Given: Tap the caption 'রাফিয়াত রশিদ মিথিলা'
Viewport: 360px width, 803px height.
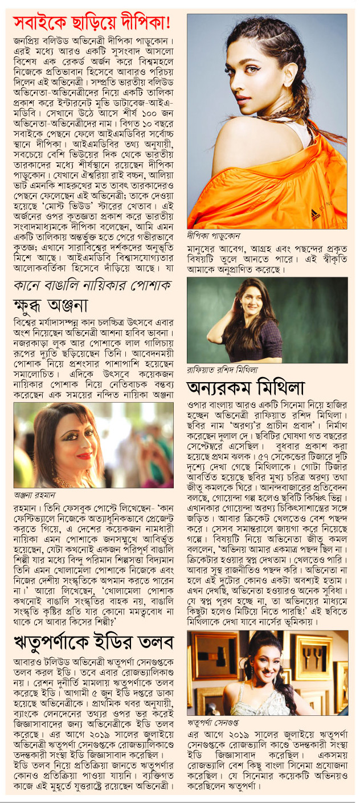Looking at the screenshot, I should point(225,370).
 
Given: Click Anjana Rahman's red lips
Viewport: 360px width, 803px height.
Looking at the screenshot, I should point(85,456).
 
